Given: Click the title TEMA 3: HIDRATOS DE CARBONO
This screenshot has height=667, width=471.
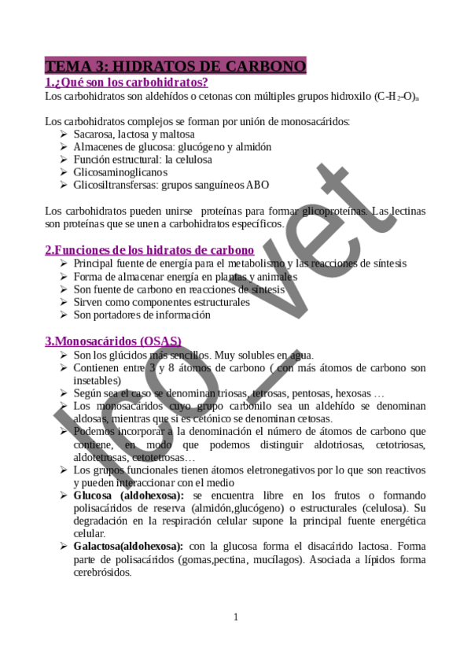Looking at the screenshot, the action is click(x=175, y=66).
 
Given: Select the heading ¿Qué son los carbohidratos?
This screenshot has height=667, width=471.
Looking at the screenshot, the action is click(x=131, y=82).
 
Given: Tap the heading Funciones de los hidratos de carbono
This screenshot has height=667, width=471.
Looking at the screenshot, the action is click(x=149, y=250).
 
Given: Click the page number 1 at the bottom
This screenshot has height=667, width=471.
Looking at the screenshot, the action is click(x=235, y=617).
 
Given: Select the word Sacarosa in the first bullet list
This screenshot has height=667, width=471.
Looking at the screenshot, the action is click(x=95, y=135).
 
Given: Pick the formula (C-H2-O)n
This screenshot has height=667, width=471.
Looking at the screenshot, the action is click(x=398, y=97).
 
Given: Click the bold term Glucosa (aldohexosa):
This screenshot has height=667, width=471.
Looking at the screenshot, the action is click(x=128, y=495).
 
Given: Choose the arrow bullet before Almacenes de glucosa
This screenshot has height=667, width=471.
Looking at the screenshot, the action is click(x=64, y=147).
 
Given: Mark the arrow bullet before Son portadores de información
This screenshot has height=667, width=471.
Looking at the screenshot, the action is click(x=64, y=315).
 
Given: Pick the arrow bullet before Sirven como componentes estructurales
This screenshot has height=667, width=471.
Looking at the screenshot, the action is click(x=64, y=302).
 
